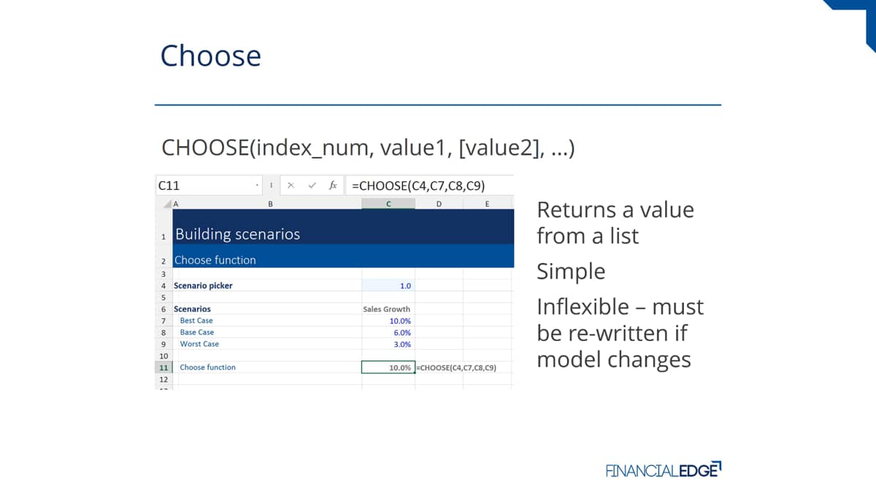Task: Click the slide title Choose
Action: (x=210, y=56)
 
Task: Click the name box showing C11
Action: (x=209, y=186)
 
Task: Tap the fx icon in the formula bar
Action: (x=333, y=186)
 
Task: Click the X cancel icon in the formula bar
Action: (x=291, y=186)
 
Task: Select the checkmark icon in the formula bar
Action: (x=312, y=186)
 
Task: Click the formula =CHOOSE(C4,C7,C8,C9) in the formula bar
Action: (x=418, y=186)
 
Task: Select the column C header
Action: (x=388, y=204)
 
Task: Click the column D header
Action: (x=439, y=204)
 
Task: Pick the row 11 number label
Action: (x=164, y=368)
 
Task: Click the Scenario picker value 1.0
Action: (x=405, y=286)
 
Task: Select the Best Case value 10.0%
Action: (x=400, y=321)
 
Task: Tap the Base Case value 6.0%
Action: (x=402, y=333)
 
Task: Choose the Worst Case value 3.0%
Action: (x=402, y=345)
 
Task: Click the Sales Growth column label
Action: (x=386, y=309)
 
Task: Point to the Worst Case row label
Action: (x=199, y=344)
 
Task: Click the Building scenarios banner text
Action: (x=237, y=234)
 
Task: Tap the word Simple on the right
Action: (x=571, y=271)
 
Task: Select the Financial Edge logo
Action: (x=664, y=470)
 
